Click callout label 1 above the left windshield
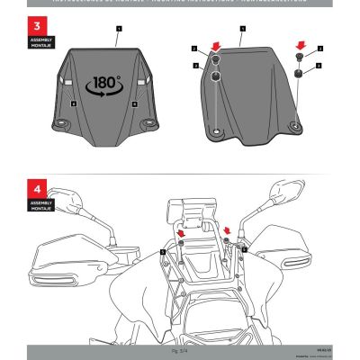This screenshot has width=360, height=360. coord(118,29)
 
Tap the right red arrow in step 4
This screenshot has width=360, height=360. coord(227,230)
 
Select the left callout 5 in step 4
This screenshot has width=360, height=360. coord(163,252)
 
